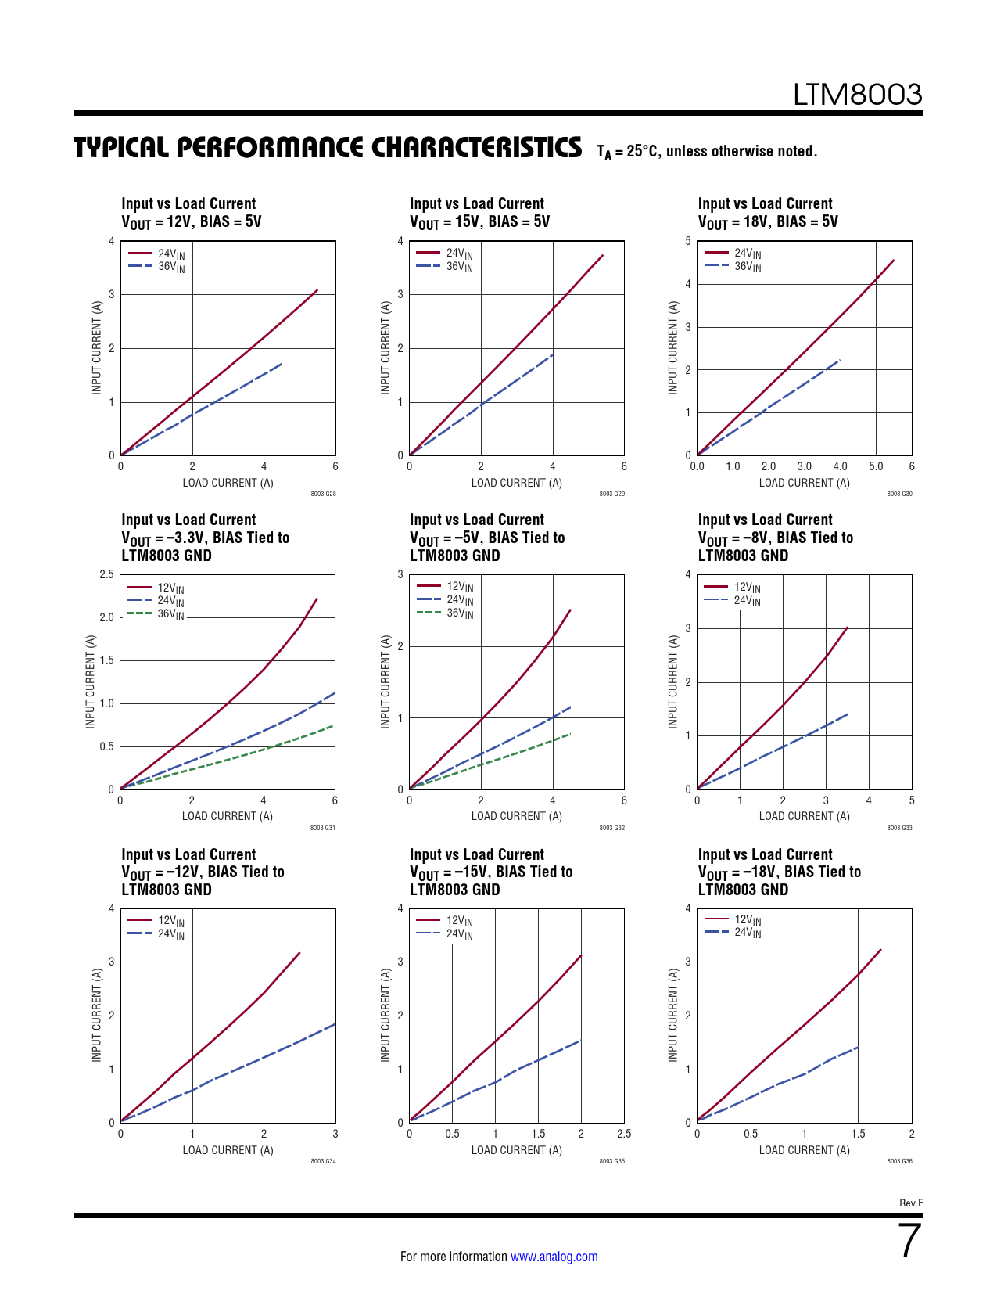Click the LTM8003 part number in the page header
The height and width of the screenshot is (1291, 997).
coord(857,95)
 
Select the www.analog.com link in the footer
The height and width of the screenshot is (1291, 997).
coord(554,1257)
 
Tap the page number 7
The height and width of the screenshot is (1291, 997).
coord(909,1241)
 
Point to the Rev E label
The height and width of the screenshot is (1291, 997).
coord(911,1203)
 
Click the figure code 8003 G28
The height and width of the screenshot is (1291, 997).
coord(323,494)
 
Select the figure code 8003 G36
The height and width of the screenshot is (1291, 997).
coord(899,1161)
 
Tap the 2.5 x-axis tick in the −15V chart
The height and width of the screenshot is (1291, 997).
coord(623,1134)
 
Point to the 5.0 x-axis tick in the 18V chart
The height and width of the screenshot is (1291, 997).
coord(876,466)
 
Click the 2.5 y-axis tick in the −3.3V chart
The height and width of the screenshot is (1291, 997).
coord(106,574)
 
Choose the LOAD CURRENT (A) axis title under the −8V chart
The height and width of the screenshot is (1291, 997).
coord(804,816)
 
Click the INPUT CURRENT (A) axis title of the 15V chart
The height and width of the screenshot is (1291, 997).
coord(385,347)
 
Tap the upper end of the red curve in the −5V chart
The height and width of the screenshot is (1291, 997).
coord(570,610)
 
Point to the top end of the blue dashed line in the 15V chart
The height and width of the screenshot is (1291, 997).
coord(553,354)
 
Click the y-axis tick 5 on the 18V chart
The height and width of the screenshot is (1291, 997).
coord(688,241)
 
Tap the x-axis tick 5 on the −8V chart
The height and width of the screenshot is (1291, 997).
coord(912,800)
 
